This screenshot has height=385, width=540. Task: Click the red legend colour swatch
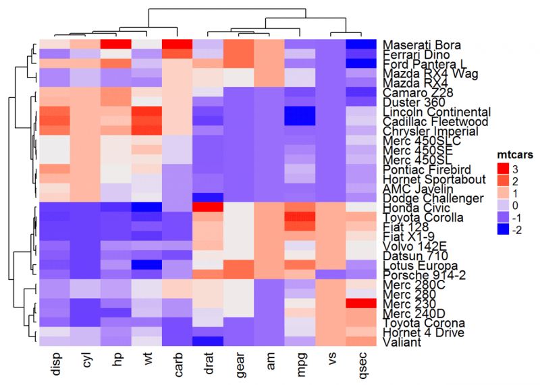pos(500,167)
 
